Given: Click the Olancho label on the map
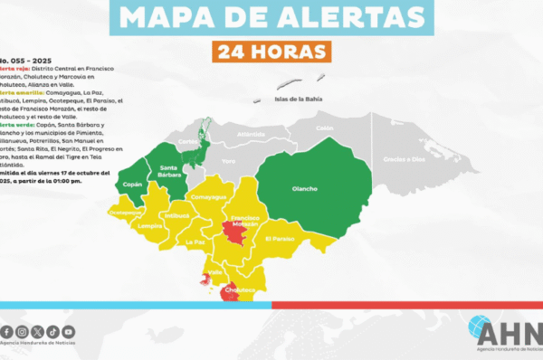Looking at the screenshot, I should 303,189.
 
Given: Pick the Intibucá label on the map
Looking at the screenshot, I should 179,216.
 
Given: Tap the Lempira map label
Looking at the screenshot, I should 149,225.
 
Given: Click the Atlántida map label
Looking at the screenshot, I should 251,135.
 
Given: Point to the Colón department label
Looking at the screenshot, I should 324,128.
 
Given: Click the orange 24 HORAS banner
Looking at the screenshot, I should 271,52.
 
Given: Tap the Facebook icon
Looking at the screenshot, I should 7,332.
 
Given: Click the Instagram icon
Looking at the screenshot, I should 23,332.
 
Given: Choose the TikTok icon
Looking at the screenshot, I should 53,332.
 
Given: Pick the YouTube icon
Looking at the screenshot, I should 69,332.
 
